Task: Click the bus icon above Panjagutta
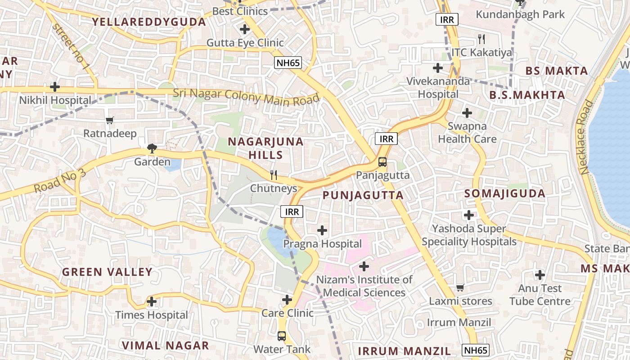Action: tap(382, 162)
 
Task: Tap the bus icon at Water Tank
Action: tap(282, 336)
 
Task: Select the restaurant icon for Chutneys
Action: tap(274, 175)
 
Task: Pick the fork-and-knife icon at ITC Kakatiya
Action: tap(481, 39)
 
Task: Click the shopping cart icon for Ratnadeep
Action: tap(109, 120)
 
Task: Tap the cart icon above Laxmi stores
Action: tap(460, 287)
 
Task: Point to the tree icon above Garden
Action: tap(152, 148)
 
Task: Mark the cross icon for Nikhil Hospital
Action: tap(55, 86)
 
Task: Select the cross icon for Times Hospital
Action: tap(152, 301)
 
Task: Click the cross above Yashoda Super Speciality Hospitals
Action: tap(469, 215)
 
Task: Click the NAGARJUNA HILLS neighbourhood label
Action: tap(265, 148)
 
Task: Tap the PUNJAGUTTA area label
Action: tap(363, 195)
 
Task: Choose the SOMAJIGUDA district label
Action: tap(504, 194)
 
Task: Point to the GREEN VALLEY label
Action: tap(107, 272)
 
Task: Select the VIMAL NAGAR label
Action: tap(166, 346)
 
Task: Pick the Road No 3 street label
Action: tap(59, 181)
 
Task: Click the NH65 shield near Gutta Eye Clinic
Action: tap(288, 63)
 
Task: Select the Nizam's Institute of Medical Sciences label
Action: tap(364, 286)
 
